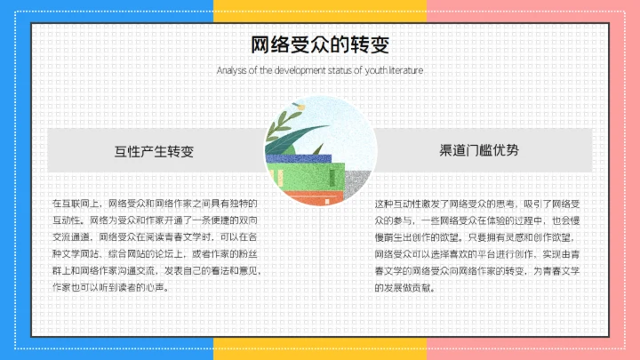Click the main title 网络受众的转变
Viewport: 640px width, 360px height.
click(x=319, y=44)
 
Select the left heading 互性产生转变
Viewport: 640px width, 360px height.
click(x=154, y=150)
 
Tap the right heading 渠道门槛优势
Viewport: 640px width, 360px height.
click(x=479, y=150)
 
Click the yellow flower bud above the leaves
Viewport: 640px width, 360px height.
click(x=300, y=107)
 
